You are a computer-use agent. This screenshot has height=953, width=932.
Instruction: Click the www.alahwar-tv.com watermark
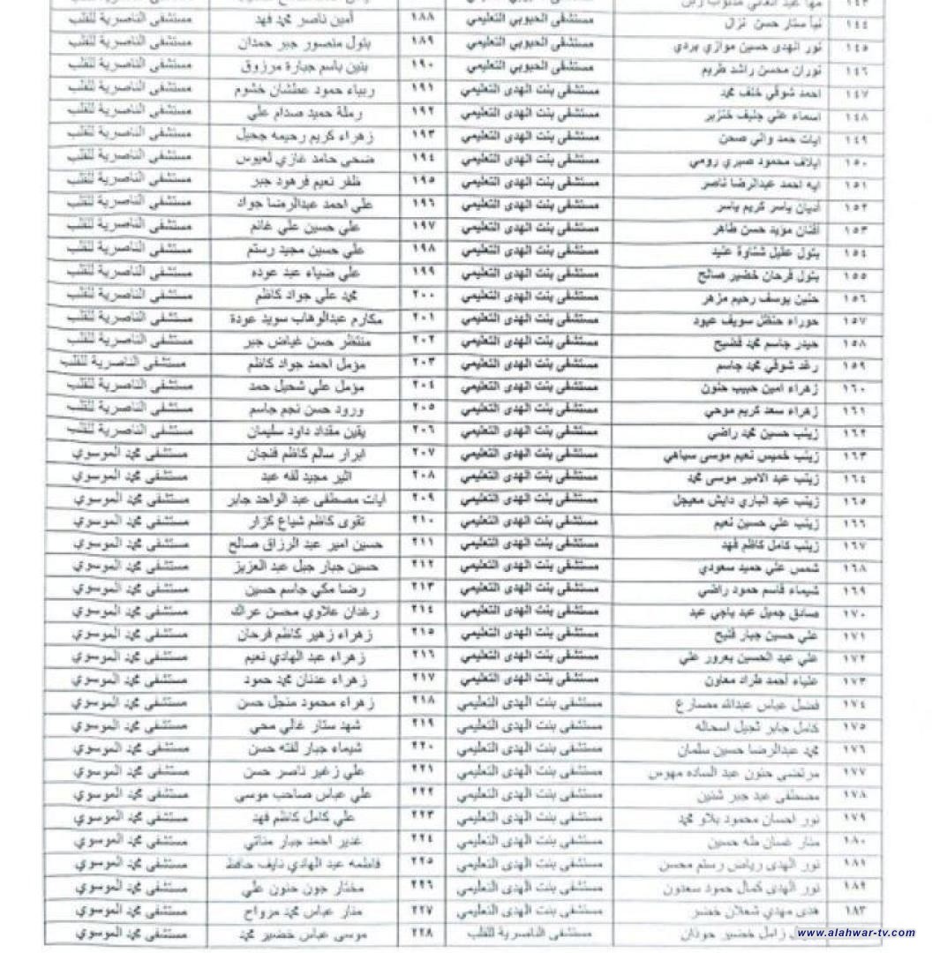(x=853, y=932)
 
